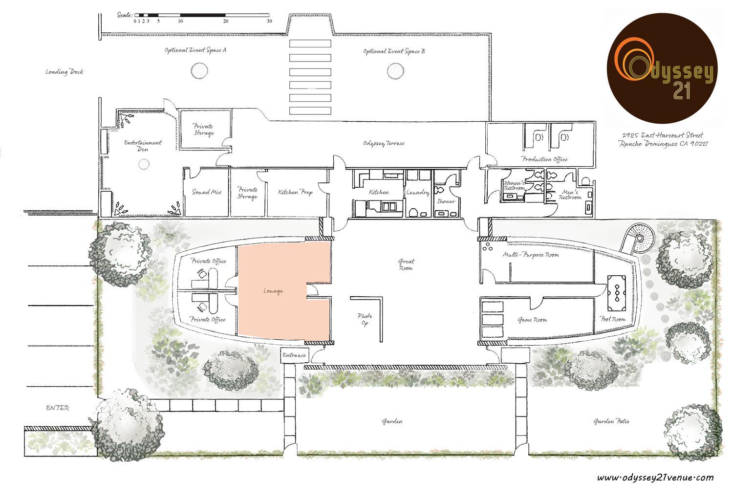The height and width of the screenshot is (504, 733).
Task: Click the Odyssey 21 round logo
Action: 662,68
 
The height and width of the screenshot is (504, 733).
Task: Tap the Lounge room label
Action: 273,291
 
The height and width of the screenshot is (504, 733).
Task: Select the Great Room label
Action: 406,264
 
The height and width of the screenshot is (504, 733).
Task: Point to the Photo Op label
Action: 365,319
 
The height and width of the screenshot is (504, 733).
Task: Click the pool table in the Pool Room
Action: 617,293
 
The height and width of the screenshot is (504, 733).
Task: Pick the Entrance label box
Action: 294,355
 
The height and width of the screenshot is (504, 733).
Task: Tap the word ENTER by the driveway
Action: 58,408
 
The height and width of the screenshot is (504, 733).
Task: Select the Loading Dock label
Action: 65,72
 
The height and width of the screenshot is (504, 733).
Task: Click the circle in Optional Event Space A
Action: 199,70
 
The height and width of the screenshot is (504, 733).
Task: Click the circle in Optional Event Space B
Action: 395,71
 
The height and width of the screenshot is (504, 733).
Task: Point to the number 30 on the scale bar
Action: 269,22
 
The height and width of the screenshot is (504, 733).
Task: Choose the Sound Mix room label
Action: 207,192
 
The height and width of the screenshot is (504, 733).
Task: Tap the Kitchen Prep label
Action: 296,193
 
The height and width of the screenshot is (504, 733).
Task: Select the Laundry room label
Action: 418,193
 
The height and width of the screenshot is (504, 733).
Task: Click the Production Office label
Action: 544,159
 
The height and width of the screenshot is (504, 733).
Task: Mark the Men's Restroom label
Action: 570,195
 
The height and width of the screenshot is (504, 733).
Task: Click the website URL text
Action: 655,478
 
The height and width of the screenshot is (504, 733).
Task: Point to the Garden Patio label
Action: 612,421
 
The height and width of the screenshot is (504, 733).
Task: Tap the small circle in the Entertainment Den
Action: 144,164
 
